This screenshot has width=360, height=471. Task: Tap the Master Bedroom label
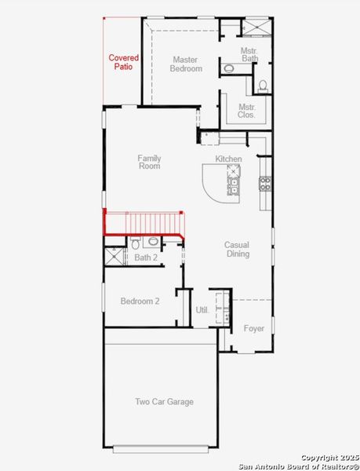click(x=186, y=64)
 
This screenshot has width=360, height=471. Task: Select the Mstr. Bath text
click(x=249, y=54)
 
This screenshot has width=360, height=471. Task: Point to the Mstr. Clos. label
click(x=246, y=111)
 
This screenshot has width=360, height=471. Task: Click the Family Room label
click(x=149, y=162)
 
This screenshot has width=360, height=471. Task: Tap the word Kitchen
click(x=229, y=159)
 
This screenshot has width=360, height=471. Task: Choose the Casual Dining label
click(x=238, y=249)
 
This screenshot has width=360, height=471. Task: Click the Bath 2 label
click(x=146, y=257)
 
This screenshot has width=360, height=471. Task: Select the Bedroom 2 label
click(x=140, y=301)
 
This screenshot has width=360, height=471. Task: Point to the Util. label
click(x=202, y=310)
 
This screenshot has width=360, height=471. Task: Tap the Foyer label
click(x=253, y=328)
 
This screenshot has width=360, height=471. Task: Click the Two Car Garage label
click(x=164, y=402)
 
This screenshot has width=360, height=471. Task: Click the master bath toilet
click(x=263, y=85)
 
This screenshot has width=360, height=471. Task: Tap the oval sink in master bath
click(x=228, y=69)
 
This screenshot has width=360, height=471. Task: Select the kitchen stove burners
click(x=266, y=184)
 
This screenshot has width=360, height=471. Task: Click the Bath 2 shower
click(x=115, y=256)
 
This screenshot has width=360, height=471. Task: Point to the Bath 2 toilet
click(x=136, y=243)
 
